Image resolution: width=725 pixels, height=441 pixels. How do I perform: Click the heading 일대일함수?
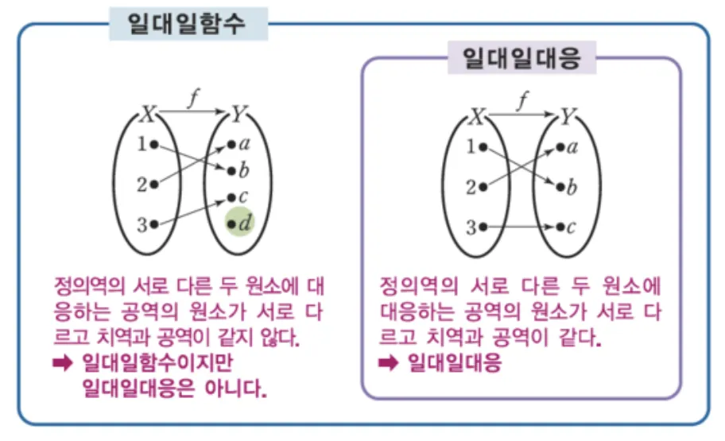pos(188,24)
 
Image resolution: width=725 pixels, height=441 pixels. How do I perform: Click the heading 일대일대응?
pos(521,58)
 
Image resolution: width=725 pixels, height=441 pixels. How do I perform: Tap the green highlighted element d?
pos(241,224)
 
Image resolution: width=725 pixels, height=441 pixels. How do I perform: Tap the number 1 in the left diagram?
pos(141,145)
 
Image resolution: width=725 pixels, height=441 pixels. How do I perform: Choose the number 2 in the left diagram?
pos(141,185)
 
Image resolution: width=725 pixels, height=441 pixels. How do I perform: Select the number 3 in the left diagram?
pos(141,225)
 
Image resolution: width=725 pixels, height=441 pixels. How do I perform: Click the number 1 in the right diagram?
pos(471,146)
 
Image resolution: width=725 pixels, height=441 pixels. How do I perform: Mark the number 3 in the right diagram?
pos(471,228)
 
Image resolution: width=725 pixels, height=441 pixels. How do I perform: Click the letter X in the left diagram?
pos(147,115)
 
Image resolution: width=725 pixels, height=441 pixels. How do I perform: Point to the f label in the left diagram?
pos(193,98)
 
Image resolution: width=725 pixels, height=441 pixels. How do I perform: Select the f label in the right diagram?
pos(521,100)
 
